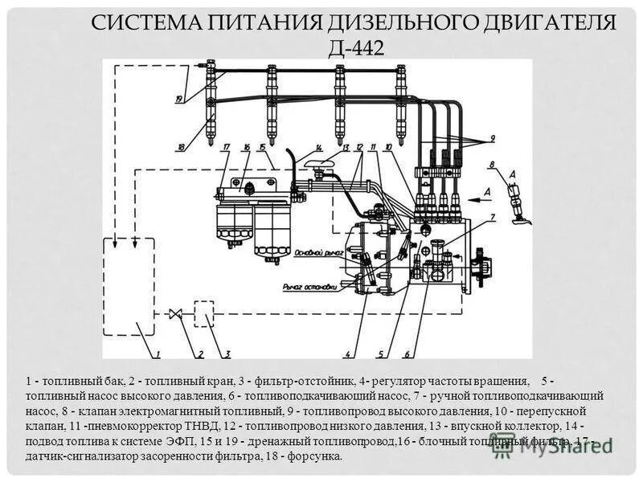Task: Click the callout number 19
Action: pyautogui.click(x=179, y=99)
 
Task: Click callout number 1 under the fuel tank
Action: pyautogui.click(x=158, y=353)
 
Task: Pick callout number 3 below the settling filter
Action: pyautogui.click(x=228, y=353)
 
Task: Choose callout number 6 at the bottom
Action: pyautogui.click(x=407, y=353)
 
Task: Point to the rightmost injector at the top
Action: pyautogui.click(x=399, y=104)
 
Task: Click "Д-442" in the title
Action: pyautogui.click(x=356, y=47)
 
